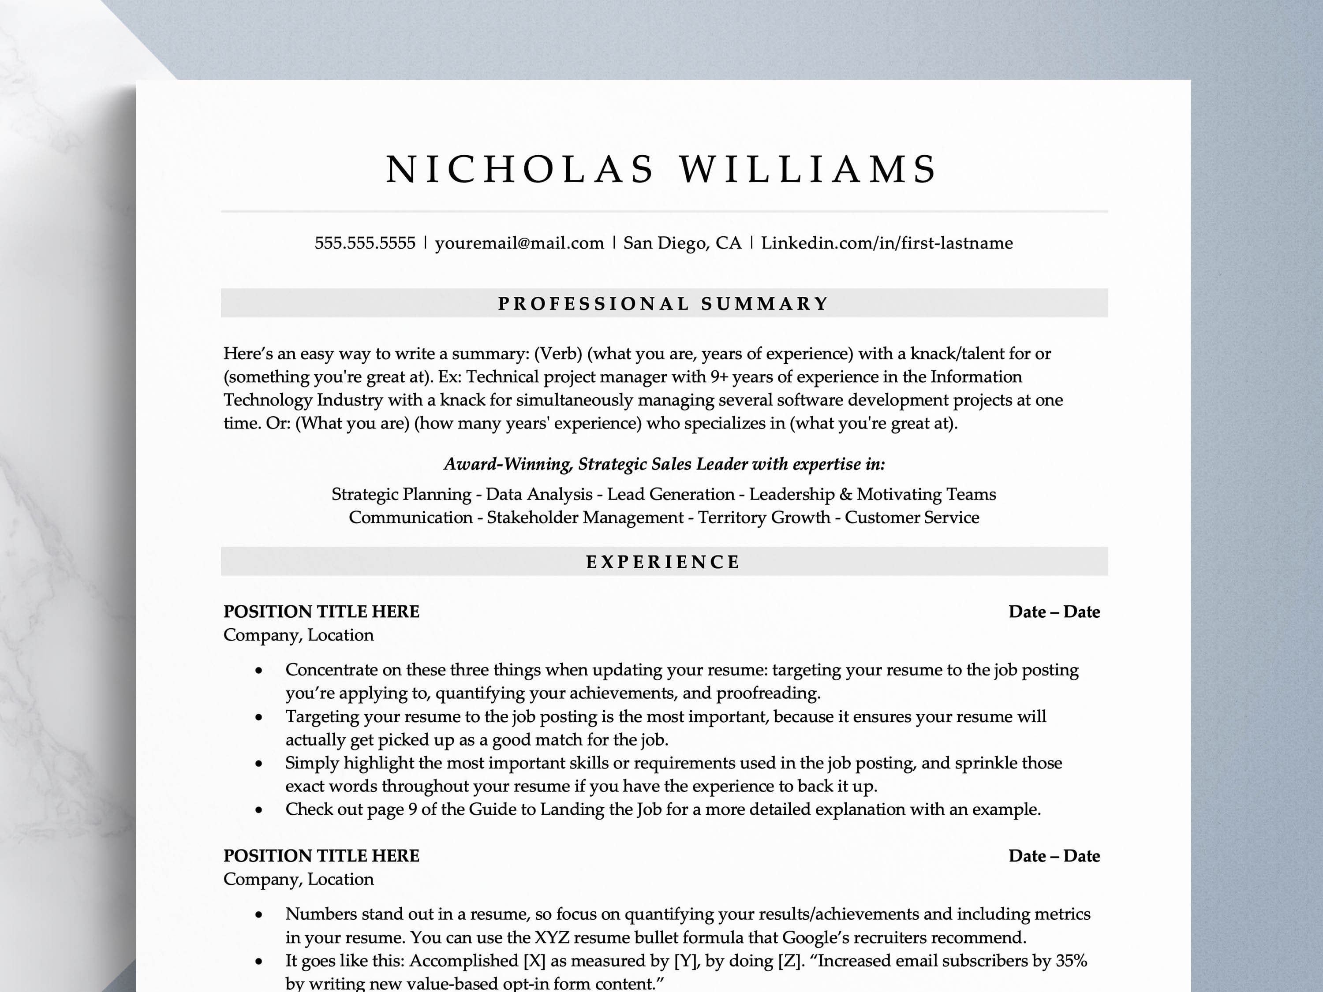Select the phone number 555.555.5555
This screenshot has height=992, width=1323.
click(365, 243)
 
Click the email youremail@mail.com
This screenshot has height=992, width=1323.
click(519, 243)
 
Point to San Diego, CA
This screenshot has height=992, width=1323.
click(682, 243)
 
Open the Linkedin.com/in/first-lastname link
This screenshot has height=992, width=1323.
click(886, 243)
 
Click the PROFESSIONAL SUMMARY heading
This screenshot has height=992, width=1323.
click(663, 304)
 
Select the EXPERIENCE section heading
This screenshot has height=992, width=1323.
click(663, 562)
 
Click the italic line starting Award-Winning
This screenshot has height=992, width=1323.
click(664, 464)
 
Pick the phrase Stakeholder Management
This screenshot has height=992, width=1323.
click(585, 517)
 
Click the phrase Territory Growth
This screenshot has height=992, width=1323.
click(764, 517)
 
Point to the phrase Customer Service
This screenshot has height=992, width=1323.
click(912, 517)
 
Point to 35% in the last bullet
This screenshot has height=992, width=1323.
click(1071, 960)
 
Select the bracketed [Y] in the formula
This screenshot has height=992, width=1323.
click(684, 960)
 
